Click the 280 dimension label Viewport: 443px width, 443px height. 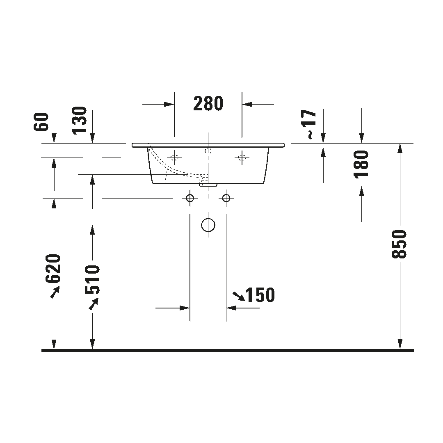coord(208,103)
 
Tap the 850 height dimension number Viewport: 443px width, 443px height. coord(399,244)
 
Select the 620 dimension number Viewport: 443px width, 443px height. coord(53,268)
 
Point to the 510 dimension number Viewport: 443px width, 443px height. coord(92,279)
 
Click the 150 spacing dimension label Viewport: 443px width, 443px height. coord(260,295)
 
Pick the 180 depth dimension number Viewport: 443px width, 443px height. coord(361,164)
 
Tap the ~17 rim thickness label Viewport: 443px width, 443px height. coord(311,124)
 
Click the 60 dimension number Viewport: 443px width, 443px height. coord(41,122)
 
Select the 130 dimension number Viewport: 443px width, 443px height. coord(79,120)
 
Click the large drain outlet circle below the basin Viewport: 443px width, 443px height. coord(208,225)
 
